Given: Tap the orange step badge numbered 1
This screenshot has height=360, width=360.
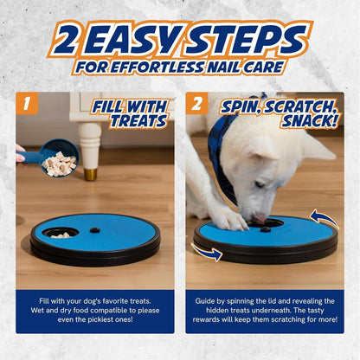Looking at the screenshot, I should (28, 104).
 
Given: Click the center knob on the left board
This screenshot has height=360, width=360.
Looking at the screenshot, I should (96, 230).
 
